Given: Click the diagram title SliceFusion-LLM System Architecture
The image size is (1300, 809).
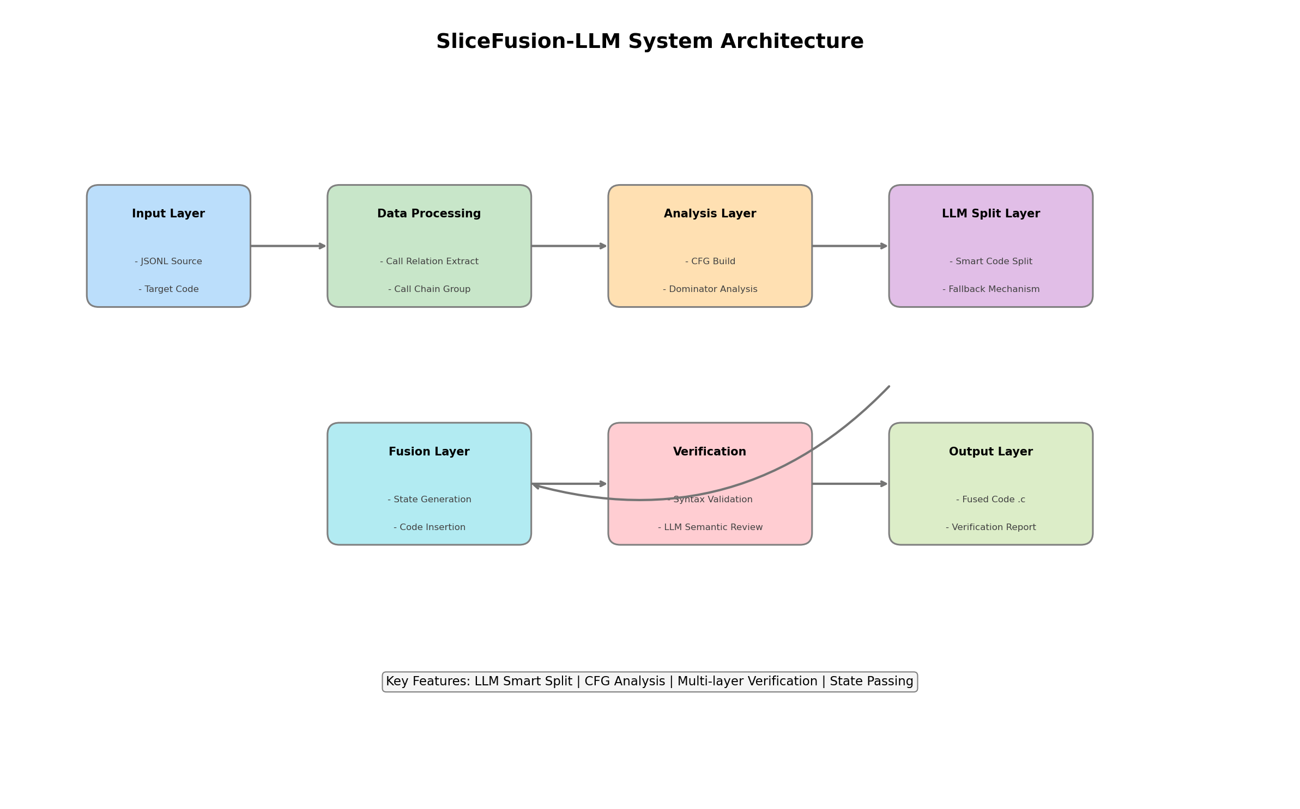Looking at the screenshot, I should coord(649,42).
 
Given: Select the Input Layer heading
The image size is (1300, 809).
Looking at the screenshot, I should coord(168,214).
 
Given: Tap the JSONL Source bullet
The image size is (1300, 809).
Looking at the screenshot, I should coord(168,261).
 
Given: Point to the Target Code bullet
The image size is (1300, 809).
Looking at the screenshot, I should coord(168,289).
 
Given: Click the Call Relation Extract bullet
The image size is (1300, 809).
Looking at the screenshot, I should coord(429,261).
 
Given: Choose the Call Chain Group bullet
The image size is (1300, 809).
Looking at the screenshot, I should coord(429,289).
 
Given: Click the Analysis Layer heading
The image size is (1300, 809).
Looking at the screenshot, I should coord(710,214).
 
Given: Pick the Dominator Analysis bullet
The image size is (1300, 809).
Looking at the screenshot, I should coord(710,289).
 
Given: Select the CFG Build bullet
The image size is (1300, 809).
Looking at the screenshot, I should coord(710,261).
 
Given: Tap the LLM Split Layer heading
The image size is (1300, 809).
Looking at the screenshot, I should coord(990,214).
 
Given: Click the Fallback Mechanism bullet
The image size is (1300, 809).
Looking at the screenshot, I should coord(990,289).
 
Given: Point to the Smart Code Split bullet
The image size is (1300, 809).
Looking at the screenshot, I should coord(990,261).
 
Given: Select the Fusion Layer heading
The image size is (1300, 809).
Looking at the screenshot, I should coord(429,452).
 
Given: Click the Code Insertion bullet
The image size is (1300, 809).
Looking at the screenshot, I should coord(429,527).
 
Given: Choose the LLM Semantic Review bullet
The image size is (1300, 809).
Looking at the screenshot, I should coord(710,527).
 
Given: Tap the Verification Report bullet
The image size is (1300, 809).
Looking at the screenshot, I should coord(990,527).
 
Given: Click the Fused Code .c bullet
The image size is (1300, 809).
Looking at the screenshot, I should coord(990,500).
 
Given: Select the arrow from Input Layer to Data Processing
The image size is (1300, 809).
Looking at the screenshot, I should coord(288,246).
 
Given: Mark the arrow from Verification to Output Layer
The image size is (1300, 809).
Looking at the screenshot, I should coord(850,484).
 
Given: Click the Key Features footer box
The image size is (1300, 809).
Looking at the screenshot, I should coord(649,682).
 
